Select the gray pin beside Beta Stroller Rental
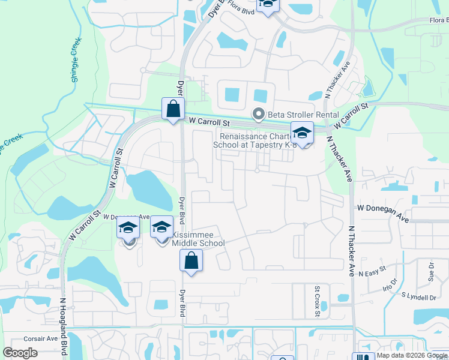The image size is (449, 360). click(x=259, y=113)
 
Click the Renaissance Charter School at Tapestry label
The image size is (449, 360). click(x=255, y=140)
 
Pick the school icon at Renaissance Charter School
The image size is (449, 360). click(x=303, y=133)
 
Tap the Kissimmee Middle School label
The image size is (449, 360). click(x=198, y=239)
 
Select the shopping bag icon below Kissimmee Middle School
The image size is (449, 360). click(x=191, y=261)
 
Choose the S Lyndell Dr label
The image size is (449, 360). click(x=419, y=296)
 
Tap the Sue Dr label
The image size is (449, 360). click(x=431, y=272)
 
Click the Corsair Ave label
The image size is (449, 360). click(x=40, y=338)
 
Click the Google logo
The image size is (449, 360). click(x=20, y=352)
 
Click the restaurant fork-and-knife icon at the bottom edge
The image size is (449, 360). click(x=363, y=356)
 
